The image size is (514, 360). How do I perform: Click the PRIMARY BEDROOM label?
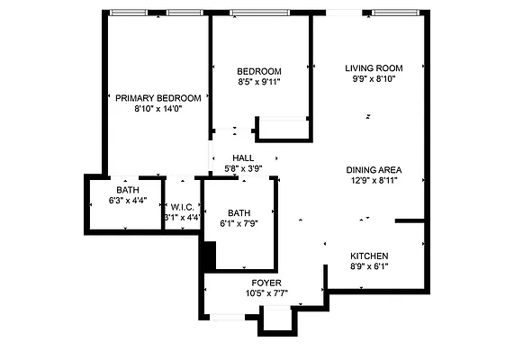pyautogui.click(x=158, y=98)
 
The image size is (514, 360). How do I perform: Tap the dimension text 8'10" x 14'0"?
pyautogui.click(x=158, y=109)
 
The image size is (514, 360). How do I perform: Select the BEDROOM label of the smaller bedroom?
pyautogui.click(x=259, y=72)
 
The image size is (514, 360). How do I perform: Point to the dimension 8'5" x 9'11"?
pyautogui.click(x=259, y=83)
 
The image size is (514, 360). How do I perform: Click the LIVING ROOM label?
pyautogui.click(x=374, y=68)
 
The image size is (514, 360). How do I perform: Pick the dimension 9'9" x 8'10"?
pyautogui.click(x=374, y=79)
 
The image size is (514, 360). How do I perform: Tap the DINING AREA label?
pyautogui.click(x=374, y=169)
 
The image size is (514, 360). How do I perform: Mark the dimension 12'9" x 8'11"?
pyautogui.click(x=374, y=180)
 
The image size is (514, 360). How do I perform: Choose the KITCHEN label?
pyautogui.click(x=369, y=256)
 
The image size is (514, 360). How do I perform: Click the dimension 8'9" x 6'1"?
pyautogui.click(x=369, y=266)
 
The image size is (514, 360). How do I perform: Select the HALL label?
pyautogui.click(x=243, y=157)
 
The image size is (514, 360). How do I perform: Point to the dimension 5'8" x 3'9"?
pyautogui.click(x=243, y=168)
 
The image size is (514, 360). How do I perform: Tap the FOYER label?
pyautogui.click(x=266, y=283)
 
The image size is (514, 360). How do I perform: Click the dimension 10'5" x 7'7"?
pyautogui.click(x=266, y=293)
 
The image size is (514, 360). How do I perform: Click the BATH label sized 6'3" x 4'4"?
pyautogui.click(x=127, y=190)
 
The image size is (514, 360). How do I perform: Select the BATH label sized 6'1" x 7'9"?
pyautogui.click(x=239, y=213)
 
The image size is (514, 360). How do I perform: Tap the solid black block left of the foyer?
pyautogui.click(x=207, y=256)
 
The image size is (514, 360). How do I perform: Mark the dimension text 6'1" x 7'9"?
pyautogui.click(x=239, y=224)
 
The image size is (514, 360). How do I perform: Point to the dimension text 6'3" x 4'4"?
pyautogui.click(x=127, y=201)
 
